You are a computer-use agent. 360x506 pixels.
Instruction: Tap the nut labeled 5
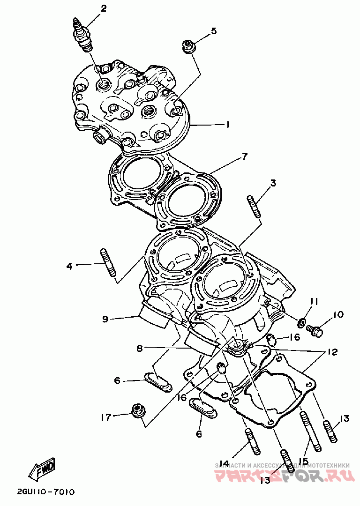(188, 47)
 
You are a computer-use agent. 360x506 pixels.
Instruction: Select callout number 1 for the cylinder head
(227, 125)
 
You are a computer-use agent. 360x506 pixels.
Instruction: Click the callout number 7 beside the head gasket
(245, 157)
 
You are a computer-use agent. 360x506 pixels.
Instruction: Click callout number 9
(105, 319)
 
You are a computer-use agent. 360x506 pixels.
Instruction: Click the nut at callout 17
(138, 411)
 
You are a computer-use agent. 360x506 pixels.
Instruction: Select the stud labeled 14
(252, 441)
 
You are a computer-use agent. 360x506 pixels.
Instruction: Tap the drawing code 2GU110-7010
(45, 492)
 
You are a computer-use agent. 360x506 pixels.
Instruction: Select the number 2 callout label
(103, 8)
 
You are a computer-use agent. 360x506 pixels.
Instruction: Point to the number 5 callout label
(213, 31)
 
